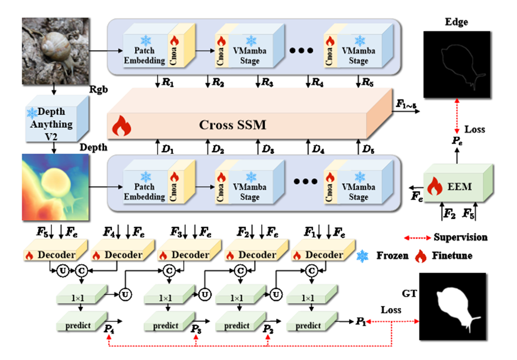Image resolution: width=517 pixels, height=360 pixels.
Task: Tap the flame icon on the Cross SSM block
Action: tap(123, 126)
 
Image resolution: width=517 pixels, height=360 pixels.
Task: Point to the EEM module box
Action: tap(458, 185)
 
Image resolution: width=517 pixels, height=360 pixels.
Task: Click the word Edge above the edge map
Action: tap(456, 22)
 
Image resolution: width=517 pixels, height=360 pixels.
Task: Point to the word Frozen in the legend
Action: tap(389, 256)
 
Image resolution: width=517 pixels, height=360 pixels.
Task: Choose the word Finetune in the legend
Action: tap(452, 256)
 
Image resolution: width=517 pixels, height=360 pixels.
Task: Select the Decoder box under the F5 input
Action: tap(56, 255)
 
